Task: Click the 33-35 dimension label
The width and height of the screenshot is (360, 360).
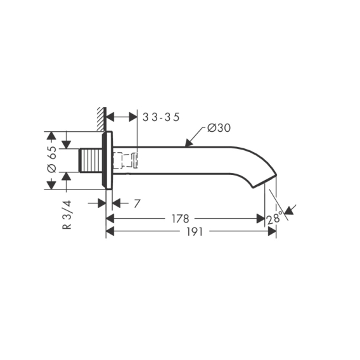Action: click(x=161, y=117)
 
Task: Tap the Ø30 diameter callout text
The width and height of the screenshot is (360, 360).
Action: click(x=219, y=128)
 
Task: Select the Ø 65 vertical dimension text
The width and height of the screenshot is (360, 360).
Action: click(x=51, y=159)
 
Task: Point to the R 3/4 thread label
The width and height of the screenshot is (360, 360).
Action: click(x=67, y=215)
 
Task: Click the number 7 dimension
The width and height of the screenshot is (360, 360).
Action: click(x=137, y=203)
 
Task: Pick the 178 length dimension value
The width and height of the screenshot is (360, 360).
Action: click(x=181, y=219)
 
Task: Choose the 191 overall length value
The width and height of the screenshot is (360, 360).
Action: click(x=195, y=232)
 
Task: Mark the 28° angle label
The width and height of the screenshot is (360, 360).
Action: click(x=274, y=217)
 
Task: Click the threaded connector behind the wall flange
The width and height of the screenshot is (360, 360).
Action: click(x=91, y=160)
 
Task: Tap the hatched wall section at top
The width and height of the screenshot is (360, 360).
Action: click(x=101, y=119)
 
